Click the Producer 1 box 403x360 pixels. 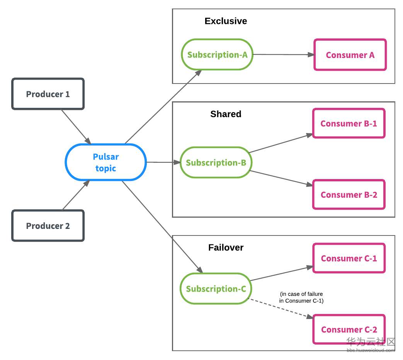tap(48, 94)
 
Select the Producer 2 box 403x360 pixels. tap(48, 226)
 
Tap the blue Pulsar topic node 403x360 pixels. tap(105, 162)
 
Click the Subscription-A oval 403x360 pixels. tap(217, 55)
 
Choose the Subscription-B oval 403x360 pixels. tap(216, 162)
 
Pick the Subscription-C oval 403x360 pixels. tap(216, 289)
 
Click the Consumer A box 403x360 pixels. tap(350, 55)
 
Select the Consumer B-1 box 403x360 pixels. tap(349, 124)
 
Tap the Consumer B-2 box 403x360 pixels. tap(349, 195)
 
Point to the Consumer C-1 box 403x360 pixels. tap(349, 258)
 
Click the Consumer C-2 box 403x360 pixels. tap(349, 329)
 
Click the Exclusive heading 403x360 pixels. tap(226, 21)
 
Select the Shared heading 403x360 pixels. tap(226, 114)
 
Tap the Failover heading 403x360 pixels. tap(226, 247)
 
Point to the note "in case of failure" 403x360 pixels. tap(301, 297)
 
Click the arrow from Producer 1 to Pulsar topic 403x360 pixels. tap(76, 126)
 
